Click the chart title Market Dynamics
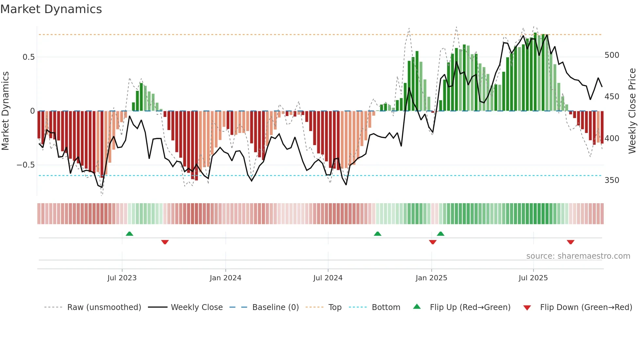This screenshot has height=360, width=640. (x=51, y=9)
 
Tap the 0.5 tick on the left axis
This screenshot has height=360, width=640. (x=28, y=57)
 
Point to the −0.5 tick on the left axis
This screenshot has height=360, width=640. (x=26, y=165)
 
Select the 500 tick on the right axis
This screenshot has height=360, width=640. (x=612, y=55)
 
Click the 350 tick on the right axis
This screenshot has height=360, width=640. (x=612, y=180)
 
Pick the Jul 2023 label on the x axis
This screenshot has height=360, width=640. (x=122, y=278)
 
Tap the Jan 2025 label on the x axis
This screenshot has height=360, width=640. (x=431, y=278)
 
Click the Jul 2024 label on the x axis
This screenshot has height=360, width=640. (x=328, y=278)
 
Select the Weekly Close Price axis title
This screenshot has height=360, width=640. (x=632, y=111)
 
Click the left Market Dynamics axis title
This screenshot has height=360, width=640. (x=5, y=111)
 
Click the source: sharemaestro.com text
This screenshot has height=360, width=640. (x=578, y=256)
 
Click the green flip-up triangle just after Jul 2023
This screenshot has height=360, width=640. (x=129, y=234)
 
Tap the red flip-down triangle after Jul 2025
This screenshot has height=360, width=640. (x=570, y=242)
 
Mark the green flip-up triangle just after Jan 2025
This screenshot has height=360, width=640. (x=440, y=234)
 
